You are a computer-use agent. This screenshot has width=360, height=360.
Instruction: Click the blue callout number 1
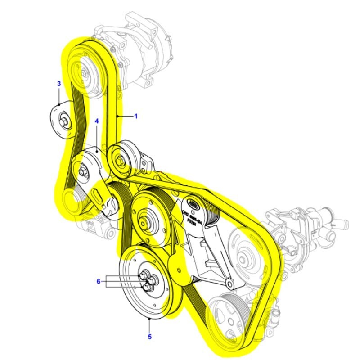[136, 116]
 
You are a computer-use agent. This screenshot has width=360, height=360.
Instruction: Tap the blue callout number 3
[58, 84]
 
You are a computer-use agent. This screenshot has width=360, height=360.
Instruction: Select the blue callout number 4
[96, 121]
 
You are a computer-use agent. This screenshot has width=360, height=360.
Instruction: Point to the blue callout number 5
[149, 335]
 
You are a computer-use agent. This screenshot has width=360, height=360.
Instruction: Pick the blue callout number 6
[99, 282]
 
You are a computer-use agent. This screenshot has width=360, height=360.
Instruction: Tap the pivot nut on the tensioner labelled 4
[82, 171]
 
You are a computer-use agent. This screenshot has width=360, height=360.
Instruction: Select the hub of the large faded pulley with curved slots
[243, 259]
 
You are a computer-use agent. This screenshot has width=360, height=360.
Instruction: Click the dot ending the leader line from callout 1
[117, 116]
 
